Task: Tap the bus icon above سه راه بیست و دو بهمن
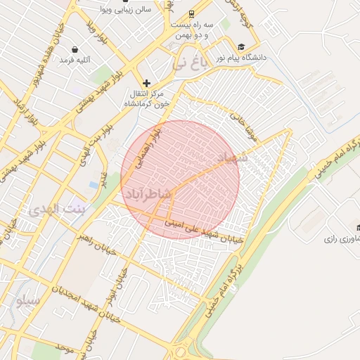click(192, 14)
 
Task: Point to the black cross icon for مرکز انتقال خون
click(146, 84)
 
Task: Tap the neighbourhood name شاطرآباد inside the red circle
click(150, 192)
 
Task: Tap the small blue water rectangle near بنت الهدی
click(94, 185)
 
